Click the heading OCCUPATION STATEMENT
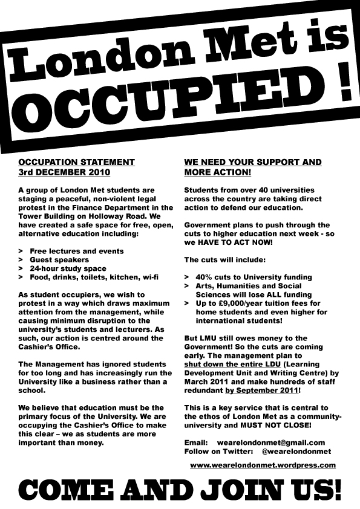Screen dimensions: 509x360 coord(76,163)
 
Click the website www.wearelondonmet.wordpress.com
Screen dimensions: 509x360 coord(263,465)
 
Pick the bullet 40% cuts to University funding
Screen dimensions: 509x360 coord(253,277)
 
